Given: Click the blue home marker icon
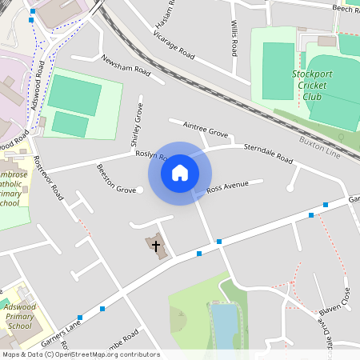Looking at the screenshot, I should click(180, 173).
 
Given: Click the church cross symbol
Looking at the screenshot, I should click(155, 245).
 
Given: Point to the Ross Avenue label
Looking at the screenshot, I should click(227, 187).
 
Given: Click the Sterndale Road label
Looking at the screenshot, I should click(268, 153).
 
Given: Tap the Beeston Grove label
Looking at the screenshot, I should click(116, 179).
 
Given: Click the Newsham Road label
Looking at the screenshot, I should click(126, 64).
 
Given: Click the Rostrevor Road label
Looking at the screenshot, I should click(49, 177).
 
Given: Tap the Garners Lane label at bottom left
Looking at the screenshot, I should click(62, 328).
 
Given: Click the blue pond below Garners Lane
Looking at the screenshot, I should click(225, 327).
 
